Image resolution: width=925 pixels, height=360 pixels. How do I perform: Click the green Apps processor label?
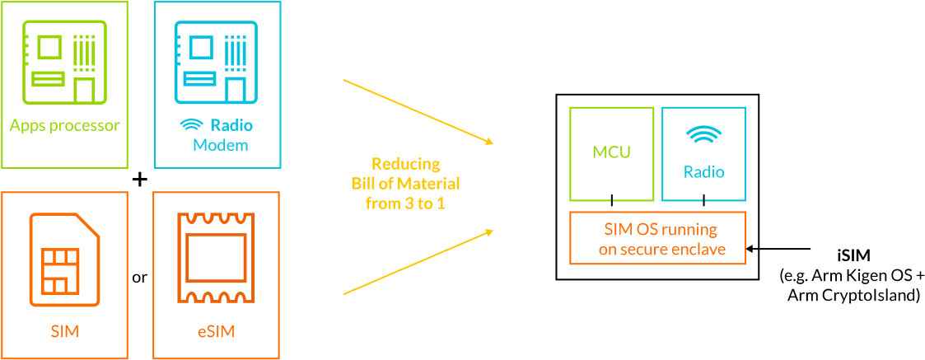(x=65, y=126)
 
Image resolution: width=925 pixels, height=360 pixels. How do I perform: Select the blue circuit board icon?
(x=217, y=62)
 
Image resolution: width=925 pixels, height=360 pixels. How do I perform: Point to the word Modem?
(x=221, y=146)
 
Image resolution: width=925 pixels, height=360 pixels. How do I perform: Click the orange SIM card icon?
(x=65, y=256)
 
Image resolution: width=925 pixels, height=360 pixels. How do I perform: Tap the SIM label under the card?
(x=65, y=332)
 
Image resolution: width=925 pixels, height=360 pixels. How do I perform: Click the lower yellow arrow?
(x=417, y=262)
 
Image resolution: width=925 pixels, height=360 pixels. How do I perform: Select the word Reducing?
(x=405, y=163)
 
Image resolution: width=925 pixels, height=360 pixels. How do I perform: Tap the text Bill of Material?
(x=405, y=183)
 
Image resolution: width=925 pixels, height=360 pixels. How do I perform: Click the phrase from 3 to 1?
(x=405, y=203)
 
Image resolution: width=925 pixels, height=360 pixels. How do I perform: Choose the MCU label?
(x=612, y=152)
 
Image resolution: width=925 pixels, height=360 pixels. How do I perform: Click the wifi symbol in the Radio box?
(x=704, y=135)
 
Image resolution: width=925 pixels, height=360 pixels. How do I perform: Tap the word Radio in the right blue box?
(x=704, y=172)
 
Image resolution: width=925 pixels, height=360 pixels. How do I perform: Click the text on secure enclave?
(x=662, y=249)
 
